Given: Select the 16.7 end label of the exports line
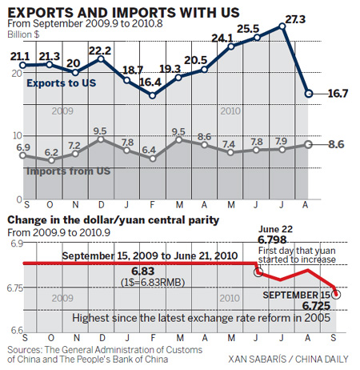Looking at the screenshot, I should coord(338,94).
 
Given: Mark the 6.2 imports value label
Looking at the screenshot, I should coord(52,151).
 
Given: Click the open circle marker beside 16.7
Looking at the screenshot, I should coord(309,94).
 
